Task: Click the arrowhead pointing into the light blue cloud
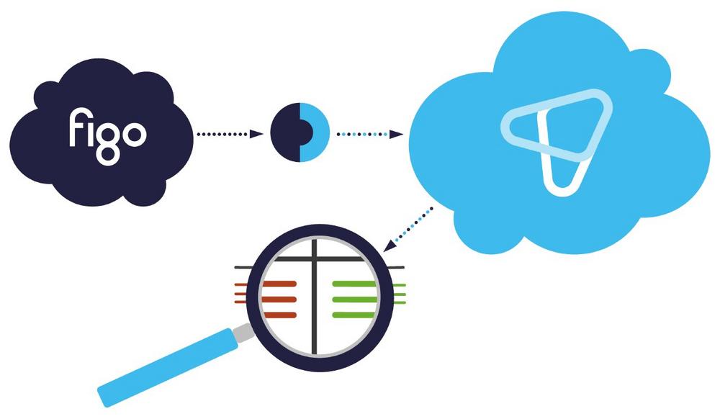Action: (x=396, y=134)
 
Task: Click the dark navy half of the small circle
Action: (x=282, y=133)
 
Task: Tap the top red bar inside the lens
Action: (x=279, y=284)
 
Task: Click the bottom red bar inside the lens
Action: (x=280, y=314)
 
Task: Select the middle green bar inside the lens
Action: (x=354, y=299)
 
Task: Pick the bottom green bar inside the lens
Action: (x=354, y=314)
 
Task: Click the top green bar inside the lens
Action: (x=354, y=284)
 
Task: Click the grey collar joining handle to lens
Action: (x=243, y=331)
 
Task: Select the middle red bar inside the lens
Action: (x=279, y=299)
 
